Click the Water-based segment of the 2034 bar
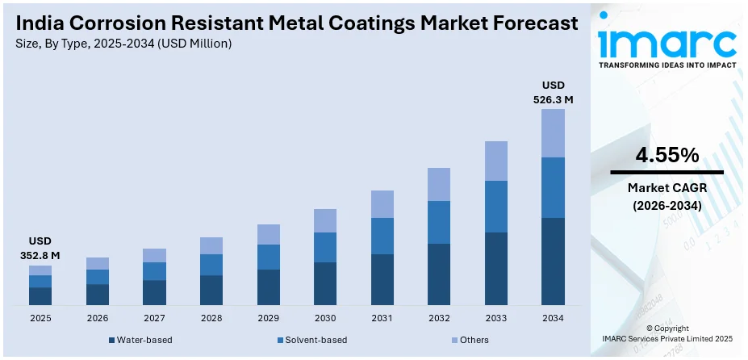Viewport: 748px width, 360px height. (x=553, y=262)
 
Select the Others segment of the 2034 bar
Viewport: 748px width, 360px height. (x=553, y=133)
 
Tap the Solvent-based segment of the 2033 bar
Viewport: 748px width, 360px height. (x=495, y=207)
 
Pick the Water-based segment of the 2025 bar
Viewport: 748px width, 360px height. (x=40, y=296)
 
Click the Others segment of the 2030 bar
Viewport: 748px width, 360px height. (x=324, y=220)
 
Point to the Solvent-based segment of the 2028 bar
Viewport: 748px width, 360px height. (x=211, y=265)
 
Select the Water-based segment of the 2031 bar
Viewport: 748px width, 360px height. (x=382, y=279)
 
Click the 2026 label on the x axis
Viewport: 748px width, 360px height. (x=97, y=318)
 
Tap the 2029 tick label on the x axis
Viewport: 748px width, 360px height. (x=268, y=318)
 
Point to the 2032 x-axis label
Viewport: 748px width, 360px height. (x=439, y=318)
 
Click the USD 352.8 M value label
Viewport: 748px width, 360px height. (x=40, y=249)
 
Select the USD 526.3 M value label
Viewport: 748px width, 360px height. (x=553, y=92)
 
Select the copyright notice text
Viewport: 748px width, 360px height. (x=667, y=334)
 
